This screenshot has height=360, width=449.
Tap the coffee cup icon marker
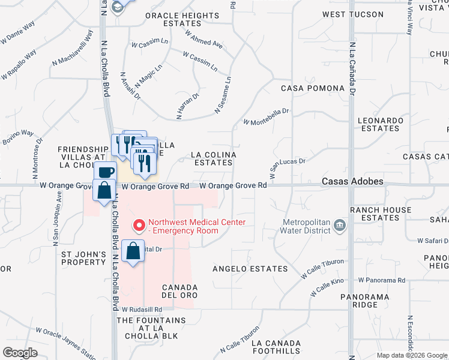point(106,172)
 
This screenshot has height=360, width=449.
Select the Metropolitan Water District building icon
point(340,226)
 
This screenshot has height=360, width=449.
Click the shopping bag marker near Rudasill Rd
point(133,250)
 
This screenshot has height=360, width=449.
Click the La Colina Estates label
point(214,158)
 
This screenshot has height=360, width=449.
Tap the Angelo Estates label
point(250,269)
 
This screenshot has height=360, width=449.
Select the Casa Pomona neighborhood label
point(313,88)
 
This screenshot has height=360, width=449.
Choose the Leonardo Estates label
point(380,124)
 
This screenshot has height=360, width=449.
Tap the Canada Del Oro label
point(179,291)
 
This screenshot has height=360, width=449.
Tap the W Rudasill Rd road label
point(142,310)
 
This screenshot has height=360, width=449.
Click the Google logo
point(20,353)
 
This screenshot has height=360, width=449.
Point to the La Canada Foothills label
point(276,346)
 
